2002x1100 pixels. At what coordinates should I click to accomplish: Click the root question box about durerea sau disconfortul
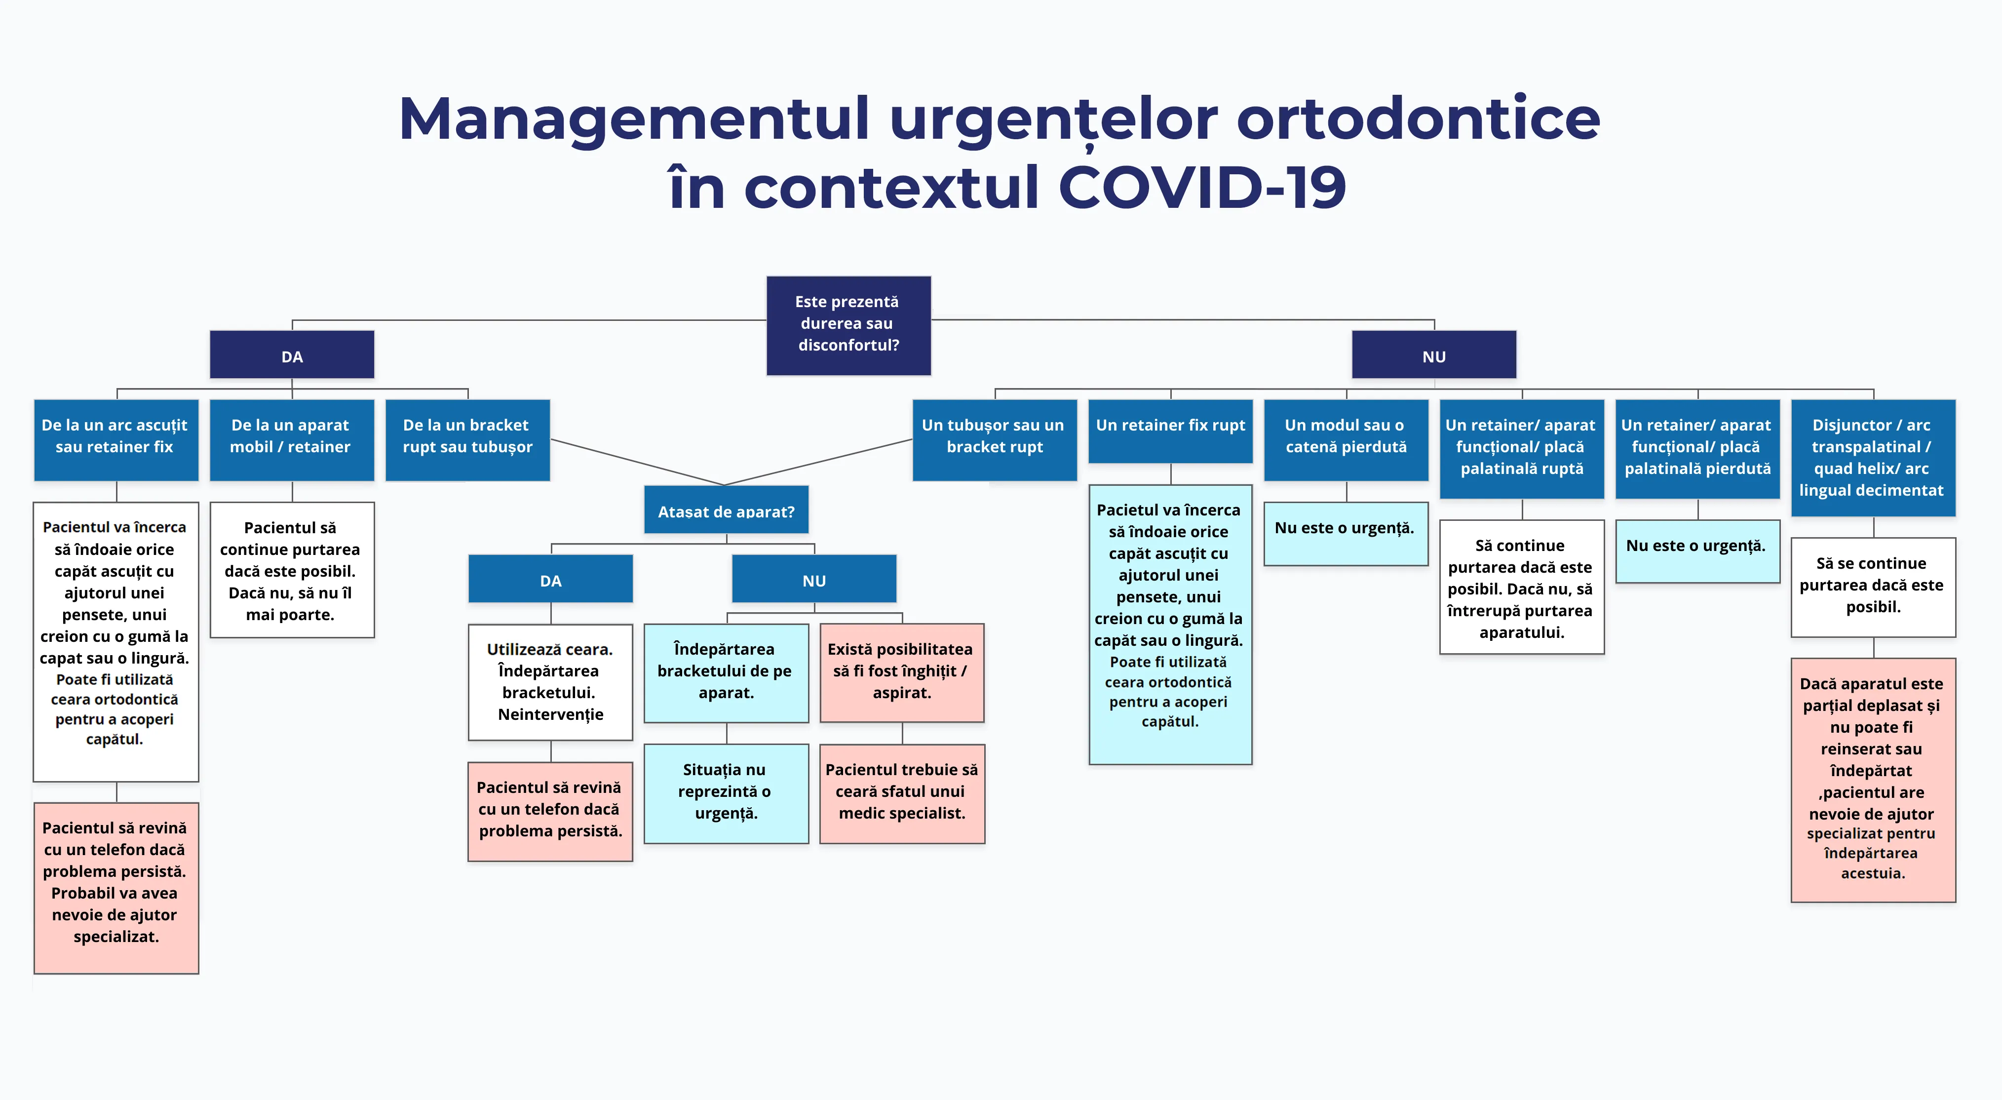point(848,325)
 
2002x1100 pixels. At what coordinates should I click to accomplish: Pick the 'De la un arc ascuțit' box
point(116,439)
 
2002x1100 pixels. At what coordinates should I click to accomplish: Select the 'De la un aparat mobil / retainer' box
point(291,439)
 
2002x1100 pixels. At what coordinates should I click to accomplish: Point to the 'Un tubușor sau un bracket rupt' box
point(994,439)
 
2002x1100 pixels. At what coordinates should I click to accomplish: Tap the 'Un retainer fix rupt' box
point(1170,431)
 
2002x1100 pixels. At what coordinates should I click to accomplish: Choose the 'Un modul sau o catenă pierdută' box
point(1346,439)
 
